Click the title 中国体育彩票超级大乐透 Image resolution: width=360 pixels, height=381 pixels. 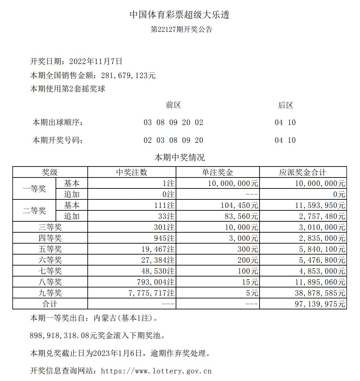[x=179, y=15]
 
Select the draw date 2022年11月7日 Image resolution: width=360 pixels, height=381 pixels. [x=96, y=62]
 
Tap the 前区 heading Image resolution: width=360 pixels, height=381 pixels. [x=173, y=105]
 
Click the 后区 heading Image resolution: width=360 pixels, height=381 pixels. [x=285, y=105]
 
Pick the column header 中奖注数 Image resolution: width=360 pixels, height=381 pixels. [x=132, y=172]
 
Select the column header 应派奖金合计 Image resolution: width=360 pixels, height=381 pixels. [x=303, y=172]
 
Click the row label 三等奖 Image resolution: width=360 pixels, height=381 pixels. [x=50, y=227]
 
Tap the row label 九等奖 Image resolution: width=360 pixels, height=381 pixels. [x=50, y=293]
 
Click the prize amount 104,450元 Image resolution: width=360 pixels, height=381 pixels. [x=240, y=205]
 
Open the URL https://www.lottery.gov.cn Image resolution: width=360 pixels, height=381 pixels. [x=156, y=371]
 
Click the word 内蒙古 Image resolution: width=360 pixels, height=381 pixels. [x=104, y=318]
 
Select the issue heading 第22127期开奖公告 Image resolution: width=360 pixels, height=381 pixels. [x=182, y=29]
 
